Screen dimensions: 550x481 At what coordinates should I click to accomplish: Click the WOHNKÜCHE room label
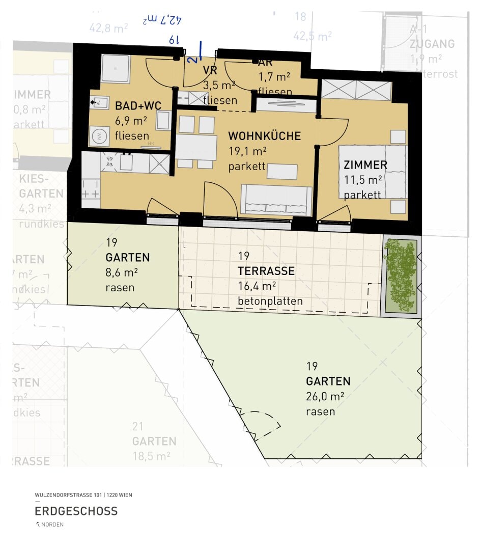coord(264,136)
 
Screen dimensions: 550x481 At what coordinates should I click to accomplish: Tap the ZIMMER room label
coord(365,165)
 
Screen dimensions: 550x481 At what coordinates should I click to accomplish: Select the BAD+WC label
coord(138,106)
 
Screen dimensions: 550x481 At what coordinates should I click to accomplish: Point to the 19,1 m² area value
coord(247,151)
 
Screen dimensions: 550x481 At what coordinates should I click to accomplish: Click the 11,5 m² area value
coord(363,180)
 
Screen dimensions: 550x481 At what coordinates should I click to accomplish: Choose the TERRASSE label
coord(266,271)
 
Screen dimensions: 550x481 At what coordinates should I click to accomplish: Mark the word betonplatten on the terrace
coord(270,301)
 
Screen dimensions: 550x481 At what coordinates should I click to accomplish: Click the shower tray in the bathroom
coord(116,69)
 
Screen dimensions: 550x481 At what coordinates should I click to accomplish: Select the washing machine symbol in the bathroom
coord(100,136)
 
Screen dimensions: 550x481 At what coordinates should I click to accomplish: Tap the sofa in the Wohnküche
coord(276,200)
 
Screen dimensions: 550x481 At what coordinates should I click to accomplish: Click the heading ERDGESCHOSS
coord(76,511)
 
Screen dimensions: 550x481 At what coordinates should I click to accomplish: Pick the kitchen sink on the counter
coord(126,163)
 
